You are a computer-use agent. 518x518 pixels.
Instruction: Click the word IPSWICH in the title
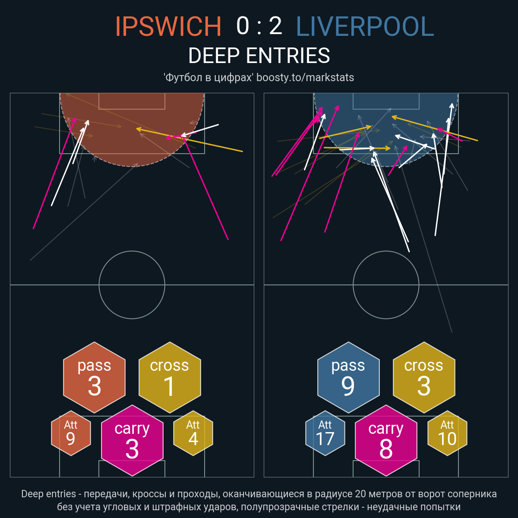point(168,26)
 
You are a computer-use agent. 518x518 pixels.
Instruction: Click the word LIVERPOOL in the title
point(365,26)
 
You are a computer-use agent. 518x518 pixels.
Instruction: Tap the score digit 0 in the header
point(243,26)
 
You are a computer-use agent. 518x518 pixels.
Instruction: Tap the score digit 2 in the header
point(275,26)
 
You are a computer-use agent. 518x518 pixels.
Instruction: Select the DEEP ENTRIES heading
point(259,56)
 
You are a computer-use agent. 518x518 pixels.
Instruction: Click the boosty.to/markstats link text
point(305,77)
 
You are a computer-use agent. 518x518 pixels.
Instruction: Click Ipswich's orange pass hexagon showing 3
point(95,377)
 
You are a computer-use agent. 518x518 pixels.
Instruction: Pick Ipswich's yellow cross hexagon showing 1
point(170,377)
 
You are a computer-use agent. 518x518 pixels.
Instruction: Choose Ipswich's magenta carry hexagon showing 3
point(132,440)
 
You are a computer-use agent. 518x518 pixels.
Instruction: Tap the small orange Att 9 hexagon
point(71,433)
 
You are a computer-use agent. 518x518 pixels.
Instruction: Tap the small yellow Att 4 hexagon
point(193,433)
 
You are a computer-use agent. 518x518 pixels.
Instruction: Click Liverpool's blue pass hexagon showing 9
point(348,377)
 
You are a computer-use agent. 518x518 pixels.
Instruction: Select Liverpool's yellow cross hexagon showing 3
point(424,377)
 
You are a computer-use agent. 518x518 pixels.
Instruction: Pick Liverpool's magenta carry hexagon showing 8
point(386,440)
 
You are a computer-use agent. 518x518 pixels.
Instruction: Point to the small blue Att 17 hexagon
point(325,433)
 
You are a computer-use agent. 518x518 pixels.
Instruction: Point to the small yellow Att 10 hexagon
point(447,433)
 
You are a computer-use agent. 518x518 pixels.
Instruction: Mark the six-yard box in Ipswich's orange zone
point(132,109)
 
